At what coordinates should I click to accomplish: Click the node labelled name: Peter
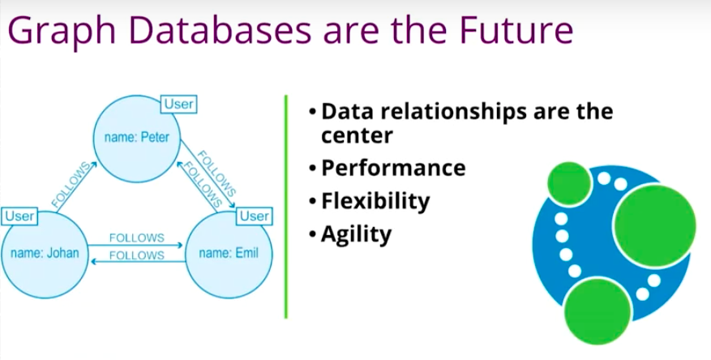137,138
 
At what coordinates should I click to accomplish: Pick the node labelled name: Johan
44,254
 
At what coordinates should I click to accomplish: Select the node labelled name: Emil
229,254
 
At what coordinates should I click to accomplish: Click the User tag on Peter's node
179,105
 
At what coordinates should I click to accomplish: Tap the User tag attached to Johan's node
19,216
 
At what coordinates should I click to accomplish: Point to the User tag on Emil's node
255,216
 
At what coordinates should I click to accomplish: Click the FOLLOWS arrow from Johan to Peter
75,186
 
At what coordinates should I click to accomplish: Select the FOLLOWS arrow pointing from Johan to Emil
135,246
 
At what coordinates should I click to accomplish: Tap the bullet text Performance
393,168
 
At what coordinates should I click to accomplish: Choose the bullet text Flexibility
375,201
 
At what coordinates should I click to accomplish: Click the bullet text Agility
356,234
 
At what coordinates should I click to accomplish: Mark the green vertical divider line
286,207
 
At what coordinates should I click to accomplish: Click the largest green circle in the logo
654,225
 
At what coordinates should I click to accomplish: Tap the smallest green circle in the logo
569,183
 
